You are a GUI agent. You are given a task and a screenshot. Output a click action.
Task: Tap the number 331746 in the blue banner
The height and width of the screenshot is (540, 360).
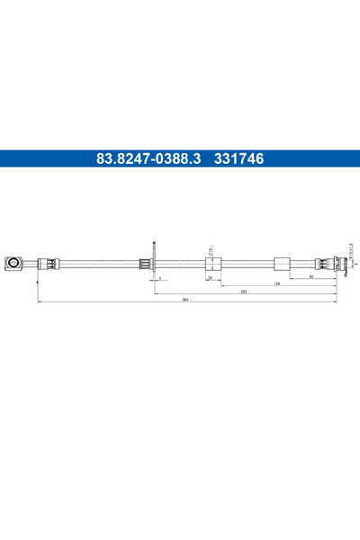[238, 159]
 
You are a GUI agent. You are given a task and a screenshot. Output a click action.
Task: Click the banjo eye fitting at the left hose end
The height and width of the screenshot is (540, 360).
[15, 263]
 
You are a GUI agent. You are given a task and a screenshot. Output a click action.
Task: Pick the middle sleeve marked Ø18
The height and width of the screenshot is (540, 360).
[214, 263]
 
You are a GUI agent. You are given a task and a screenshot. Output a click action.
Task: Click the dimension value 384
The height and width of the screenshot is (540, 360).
[185, 300]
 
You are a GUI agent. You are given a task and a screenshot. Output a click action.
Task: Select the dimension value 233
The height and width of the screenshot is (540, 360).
[244, 292]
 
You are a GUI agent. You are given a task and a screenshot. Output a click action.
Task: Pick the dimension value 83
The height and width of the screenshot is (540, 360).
[310, 277]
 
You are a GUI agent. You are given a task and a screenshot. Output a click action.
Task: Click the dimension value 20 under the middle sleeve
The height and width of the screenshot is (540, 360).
[210, 278]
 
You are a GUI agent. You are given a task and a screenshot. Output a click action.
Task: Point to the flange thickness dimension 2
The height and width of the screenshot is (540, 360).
[159, 278]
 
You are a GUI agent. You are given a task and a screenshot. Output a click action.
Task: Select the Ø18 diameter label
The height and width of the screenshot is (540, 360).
[209, 252]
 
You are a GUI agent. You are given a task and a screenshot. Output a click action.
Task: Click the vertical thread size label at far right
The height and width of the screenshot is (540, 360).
[352, 247]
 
